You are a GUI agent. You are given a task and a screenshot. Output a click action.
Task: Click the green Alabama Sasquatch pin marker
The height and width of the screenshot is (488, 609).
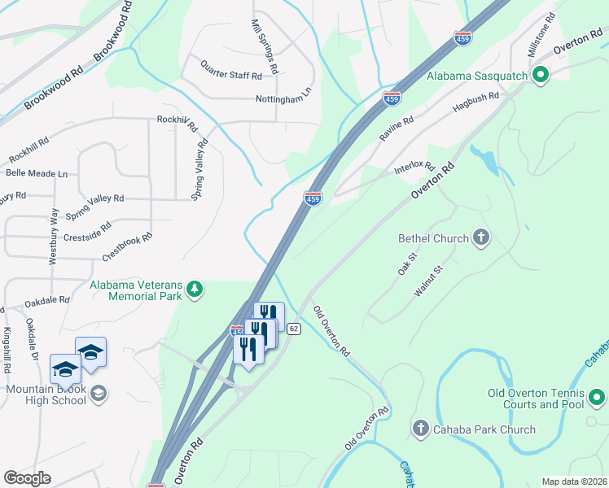pyautogui.click(x=540, y=76)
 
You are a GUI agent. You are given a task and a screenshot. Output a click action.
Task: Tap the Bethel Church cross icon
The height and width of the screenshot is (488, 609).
pyautogui.click(x=481, y=237)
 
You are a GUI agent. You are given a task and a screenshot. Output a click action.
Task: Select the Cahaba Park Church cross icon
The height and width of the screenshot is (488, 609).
pyautogui.click(x=421, y=428)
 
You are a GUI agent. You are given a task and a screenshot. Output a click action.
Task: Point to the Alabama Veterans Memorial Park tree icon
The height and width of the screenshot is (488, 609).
pyautogui.click(x=194, y=290)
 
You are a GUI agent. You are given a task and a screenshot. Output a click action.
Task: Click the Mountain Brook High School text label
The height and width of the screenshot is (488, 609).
pyautogui.click(x=46, y=394)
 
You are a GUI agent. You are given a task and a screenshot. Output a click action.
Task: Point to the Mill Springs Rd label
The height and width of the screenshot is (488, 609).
pyautogui.click(x=265, y=46)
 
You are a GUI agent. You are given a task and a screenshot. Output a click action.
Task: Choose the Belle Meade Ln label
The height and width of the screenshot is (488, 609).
pyautogui.click(x=36, y=173)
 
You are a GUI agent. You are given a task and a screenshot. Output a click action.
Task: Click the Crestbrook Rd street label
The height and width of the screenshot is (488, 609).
pyautogui.click(x=127, y=248)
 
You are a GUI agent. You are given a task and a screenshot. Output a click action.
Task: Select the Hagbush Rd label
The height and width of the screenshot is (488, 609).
pyautogui.click(x=475, y=102)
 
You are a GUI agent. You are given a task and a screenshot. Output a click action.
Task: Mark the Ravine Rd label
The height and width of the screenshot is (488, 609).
pyautogui.click(x=397, y=129)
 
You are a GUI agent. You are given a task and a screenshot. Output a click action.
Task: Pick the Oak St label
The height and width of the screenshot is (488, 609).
pyautogui.click(x=407, y=264)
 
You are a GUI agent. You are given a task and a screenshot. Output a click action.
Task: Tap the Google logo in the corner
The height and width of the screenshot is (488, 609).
pyautogui.click(x=27, y=478)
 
